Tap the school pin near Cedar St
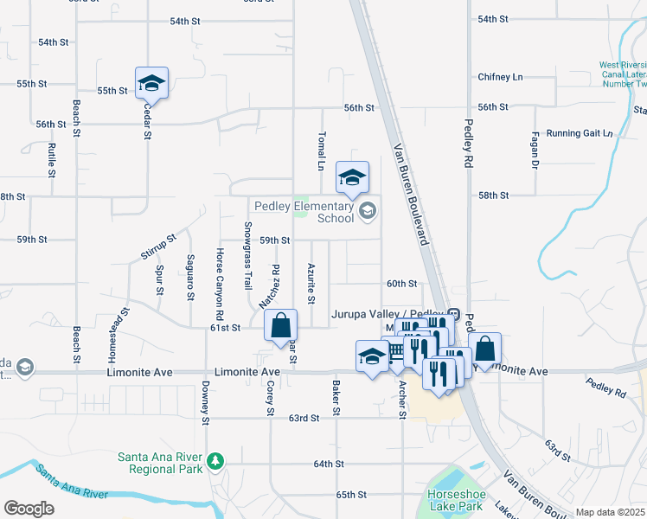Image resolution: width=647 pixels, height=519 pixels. pyautogui.click(x=151, y=84)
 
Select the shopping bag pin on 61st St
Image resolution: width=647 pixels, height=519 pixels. pyautogui.click(x=281, y=329)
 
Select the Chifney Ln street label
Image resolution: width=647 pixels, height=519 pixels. pyautogui.click(x=500, y=77)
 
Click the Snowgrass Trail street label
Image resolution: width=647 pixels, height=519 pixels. pyautogui.click(x=247, y=255)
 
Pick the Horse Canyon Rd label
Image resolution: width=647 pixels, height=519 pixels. pyautogui.click(x=220, y=280)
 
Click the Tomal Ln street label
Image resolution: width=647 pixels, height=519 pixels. pyautogui.click(x=321, y=151)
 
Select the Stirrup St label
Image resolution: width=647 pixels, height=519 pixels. pyautogui.click(x=158, y=247)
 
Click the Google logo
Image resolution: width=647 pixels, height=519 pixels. pyautogui.click(x=29, y=509)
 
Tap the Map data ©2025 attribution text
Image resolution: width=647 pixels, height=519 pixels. pyautogui.click(x=610, y=512)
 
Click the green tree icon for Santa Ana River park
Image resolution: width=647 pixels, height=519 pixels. pyautogui.click(x=215, y=462)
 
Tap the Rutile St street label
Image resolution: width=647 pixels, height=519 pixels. pyautogui.click(x=52, y=160)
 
